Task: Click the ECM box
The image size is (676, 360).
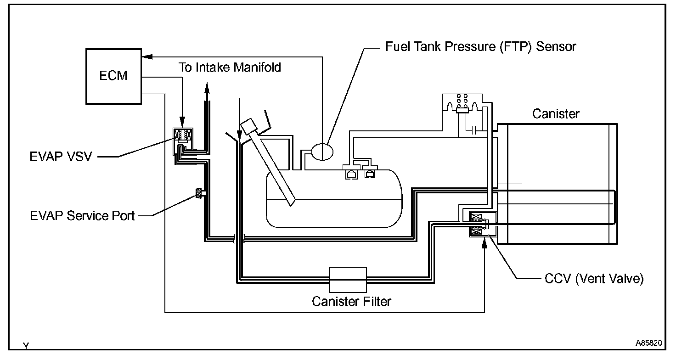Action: point(113,75)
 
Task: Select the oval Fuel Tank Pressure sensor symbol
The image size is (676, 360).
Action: point(324,151)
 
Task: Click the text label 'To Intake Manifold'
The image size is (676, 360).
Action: point(230,67)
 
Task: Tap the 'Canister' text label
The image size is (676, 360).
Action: point(556,113)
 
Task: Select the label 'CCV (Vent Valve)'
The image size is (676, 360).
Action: point(594,279)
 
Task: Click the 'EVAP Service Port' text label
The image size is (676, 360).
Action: point(83,215)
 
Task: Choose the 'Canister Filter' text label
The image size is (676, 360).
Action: point(351,302)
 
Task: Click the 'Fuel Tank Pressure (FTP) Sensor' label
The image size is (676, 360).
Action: point(480,46)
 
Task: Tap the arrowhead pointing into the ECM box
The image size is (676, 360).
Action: point(146,57)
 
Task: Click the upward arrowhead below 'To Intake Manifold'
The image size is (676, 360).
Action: point(207,88)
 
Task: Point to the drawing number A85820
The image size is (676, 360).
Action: point(648,343)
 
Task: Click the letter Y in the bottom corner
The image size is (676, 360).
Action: point(26,346)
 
